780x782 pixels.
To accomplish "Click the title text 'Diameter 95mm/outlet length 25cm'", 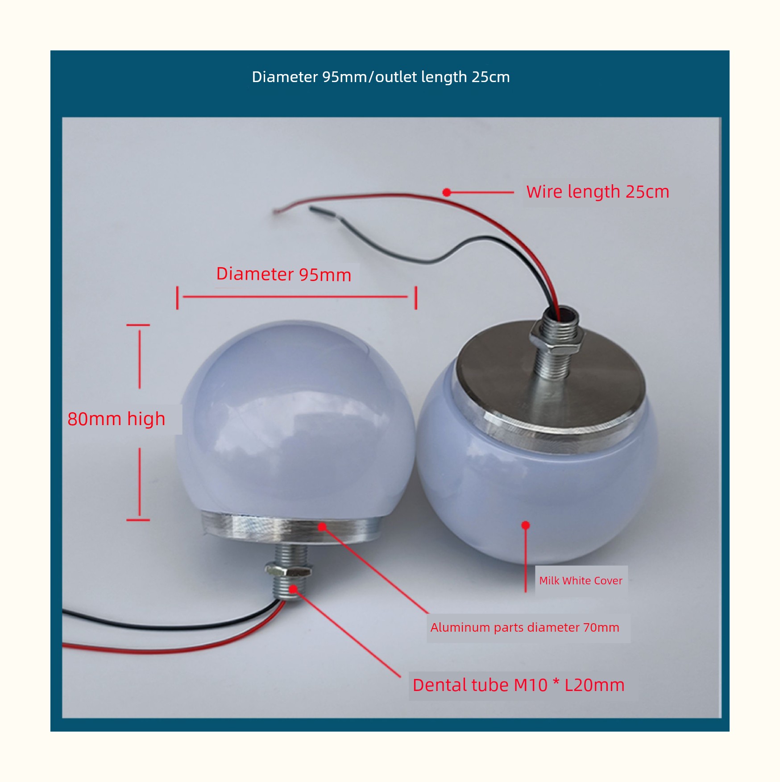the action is click(x=381, y=77).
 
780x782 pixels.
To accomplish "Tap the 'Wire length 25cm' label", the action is click(x=597, y=192).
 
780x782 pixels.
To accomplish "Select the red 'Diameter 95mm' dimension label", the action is click(x=283, y=274).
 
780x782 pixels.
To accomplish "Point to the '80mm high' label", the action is click(x=116, y=419).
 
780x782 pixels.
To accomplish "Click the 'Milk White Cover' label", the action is click(x=581, y=580).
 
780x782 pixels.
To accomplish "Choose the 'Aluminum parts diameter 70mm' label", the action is click(x=525, y=627).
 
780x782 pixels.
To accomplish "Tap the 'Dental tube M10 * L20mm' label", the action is click(x=519, y=685).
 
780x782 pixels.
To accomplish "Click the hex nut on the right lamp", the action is click(x=556, y=342).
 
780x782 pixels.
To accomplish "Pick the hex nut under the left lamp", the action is click(x=289, y=571).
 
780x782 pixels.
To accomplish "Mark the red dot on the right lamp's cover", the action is click(x=526, y=525).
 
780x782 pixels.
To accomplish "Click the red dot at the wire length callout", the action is click(x=447, y=192).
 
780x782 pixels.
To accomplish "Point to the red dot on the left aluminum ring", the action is click(x=322, y=527).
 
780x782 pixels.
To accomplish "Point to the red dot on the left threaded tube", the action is click(x=293, y=589).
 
